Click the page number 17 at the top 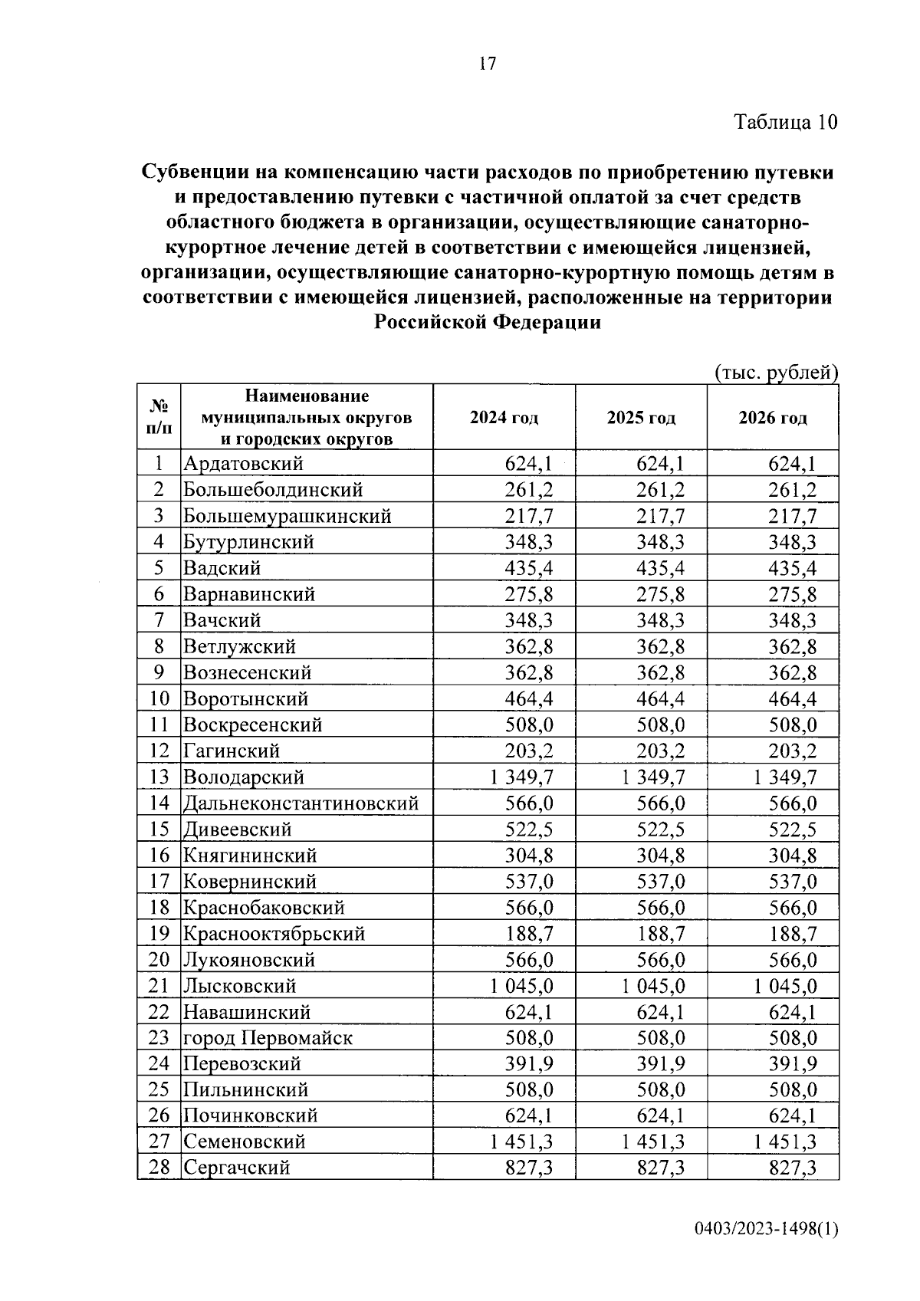[488, 64]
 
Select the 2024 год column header [504, 418]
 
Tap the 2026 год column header [773, 418]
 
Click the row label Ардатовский [243, 464]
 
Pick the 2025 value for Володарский [653, 777]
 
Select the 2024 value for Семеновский [521, 1142]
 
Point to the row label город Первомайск [268, 1038]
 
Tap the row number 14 [159, 803]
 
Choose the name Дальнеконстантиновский [301, 803]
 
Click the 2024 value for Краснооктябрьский [529, 934]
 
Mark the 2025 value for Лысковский [653, 986]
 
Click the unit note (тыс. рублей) [777, 373]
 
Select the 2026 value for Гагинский [793, 751]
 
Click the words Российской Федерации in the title [488, 323]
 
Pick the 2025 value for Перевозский [661, 1064]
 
